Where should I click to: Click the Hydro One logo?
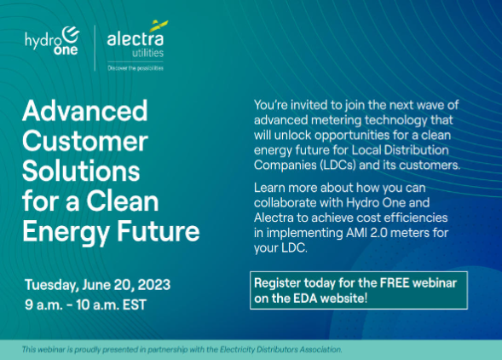coord(52,41)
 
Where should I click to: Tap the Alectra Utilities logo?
coord(137,45)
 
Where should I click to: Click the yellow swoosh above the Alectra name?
coord(159,26)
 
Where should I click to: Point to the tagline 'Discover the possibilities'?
coord(136,68)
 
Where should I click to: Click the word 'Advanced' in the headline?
coord(85,111)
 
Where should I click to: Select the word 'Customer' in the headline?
coord(85,141)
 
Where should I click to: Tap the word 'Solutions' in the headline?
coord(81,171)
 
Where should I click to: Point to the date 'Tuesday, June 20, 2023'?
coord(98,285)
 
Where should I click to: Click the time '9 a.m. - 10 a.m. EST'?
coord(85,305)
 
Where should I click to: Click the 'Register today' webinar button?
coord(359,290)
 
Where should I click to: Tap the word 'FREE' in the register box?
coord(395,283)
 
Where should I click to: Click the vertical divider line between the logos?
coord(95,48)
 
